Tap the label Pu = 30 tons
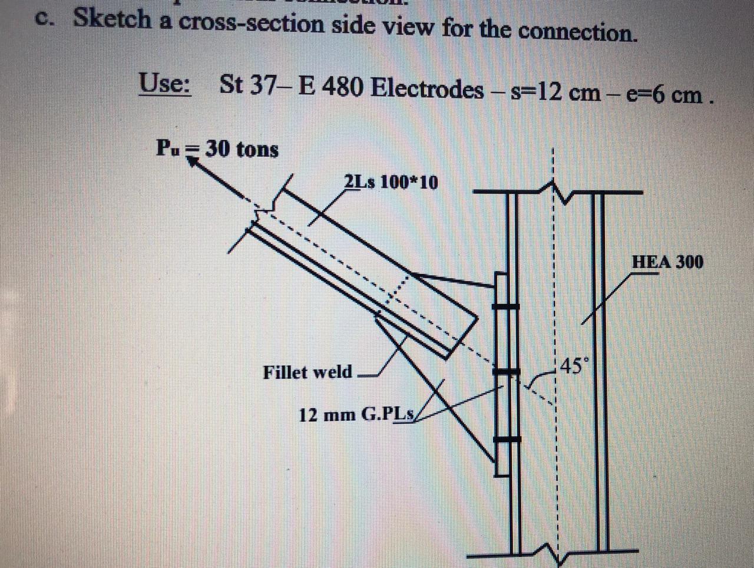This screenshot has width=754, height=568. tap(217, 148)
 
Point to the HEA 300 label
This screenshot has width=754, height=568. tap(667, 261)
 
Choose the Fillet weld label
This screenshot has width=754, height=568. tap(307, 372)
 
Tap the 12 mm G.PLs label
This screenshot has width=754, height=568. tap(358, 414)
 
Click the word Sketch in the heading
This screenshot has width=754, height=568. tap(112, 19)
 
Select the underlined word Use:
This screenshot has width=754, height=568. tap(164, 83)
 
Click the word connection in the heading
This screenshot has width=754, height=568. tap(578, 31)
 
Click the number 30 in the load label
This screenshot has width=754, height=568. tap(217, 148)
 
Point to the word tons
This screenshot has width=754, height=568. tap(257, 150)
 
